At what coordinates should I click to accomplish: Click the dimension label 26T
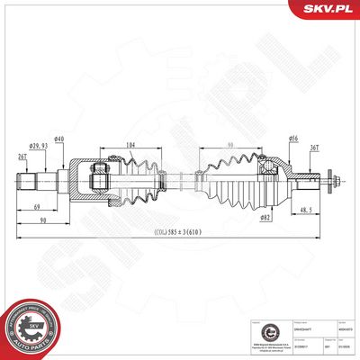click(x=22, y=157)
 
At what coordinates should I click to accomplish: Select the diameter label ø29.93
click(x=39, y=146)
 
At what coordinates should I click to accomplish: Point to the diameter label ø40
click(x=58, y=139)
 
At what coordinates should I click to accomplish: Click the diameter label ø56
click(x=292, y=139)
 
